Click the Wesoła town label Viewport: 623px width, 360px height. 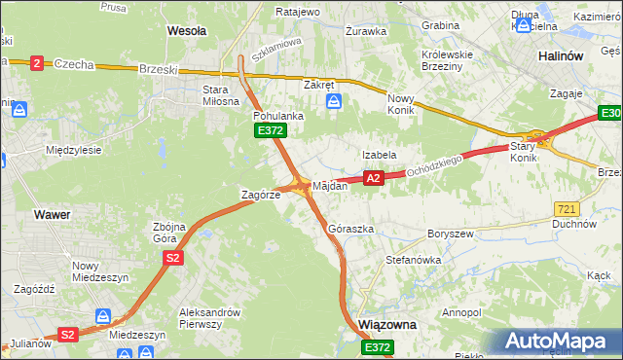click(187, 30)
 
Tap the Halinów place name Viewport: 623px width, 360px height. click(561, 55)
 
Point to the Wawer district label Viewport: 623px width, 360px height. click(51, 213)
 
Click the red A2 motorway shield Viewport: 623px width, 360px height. click(373, 178)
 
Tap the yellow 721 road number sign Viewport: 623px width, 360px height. click(566, 209)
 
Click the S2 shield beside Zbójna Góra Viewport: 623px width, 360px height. click(172, 258)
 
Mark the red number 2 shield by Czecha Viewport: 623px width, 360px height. click(36, 63)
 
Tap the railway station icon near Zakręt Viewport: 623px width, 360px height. click(334, 101)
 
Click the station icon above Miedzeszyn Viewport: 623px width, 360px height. click(103, 316)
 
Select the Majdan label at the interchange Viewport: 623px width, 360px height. click(330, 185)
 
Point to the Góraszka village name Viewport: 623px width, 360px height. click(351, 229)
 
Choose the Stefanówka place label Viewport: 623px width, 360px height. click(414, 260)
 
